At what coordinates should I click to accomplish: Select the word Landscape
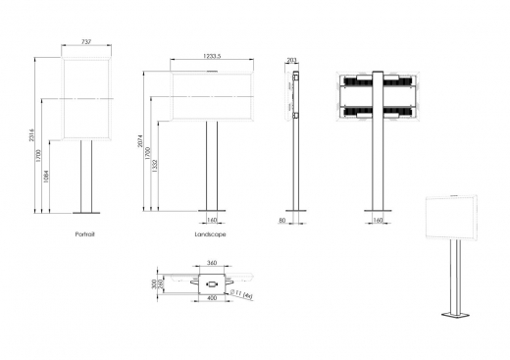[210, 235]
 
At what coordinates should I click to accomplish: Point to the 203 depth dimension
[292, 61]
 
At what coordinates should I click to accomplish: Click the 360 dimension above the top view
[211, 263]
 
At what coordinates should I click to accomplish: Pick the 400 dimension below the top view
[212, 298]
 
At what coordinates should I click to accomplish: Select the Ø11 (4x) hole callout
[241, 292]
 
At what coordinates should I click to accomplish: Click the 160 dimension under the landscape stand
[212, 222]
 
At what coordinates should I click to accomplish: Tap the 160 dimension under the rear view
[378, 222]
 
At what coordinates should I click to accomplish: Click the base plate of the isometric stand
[456, 316]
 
